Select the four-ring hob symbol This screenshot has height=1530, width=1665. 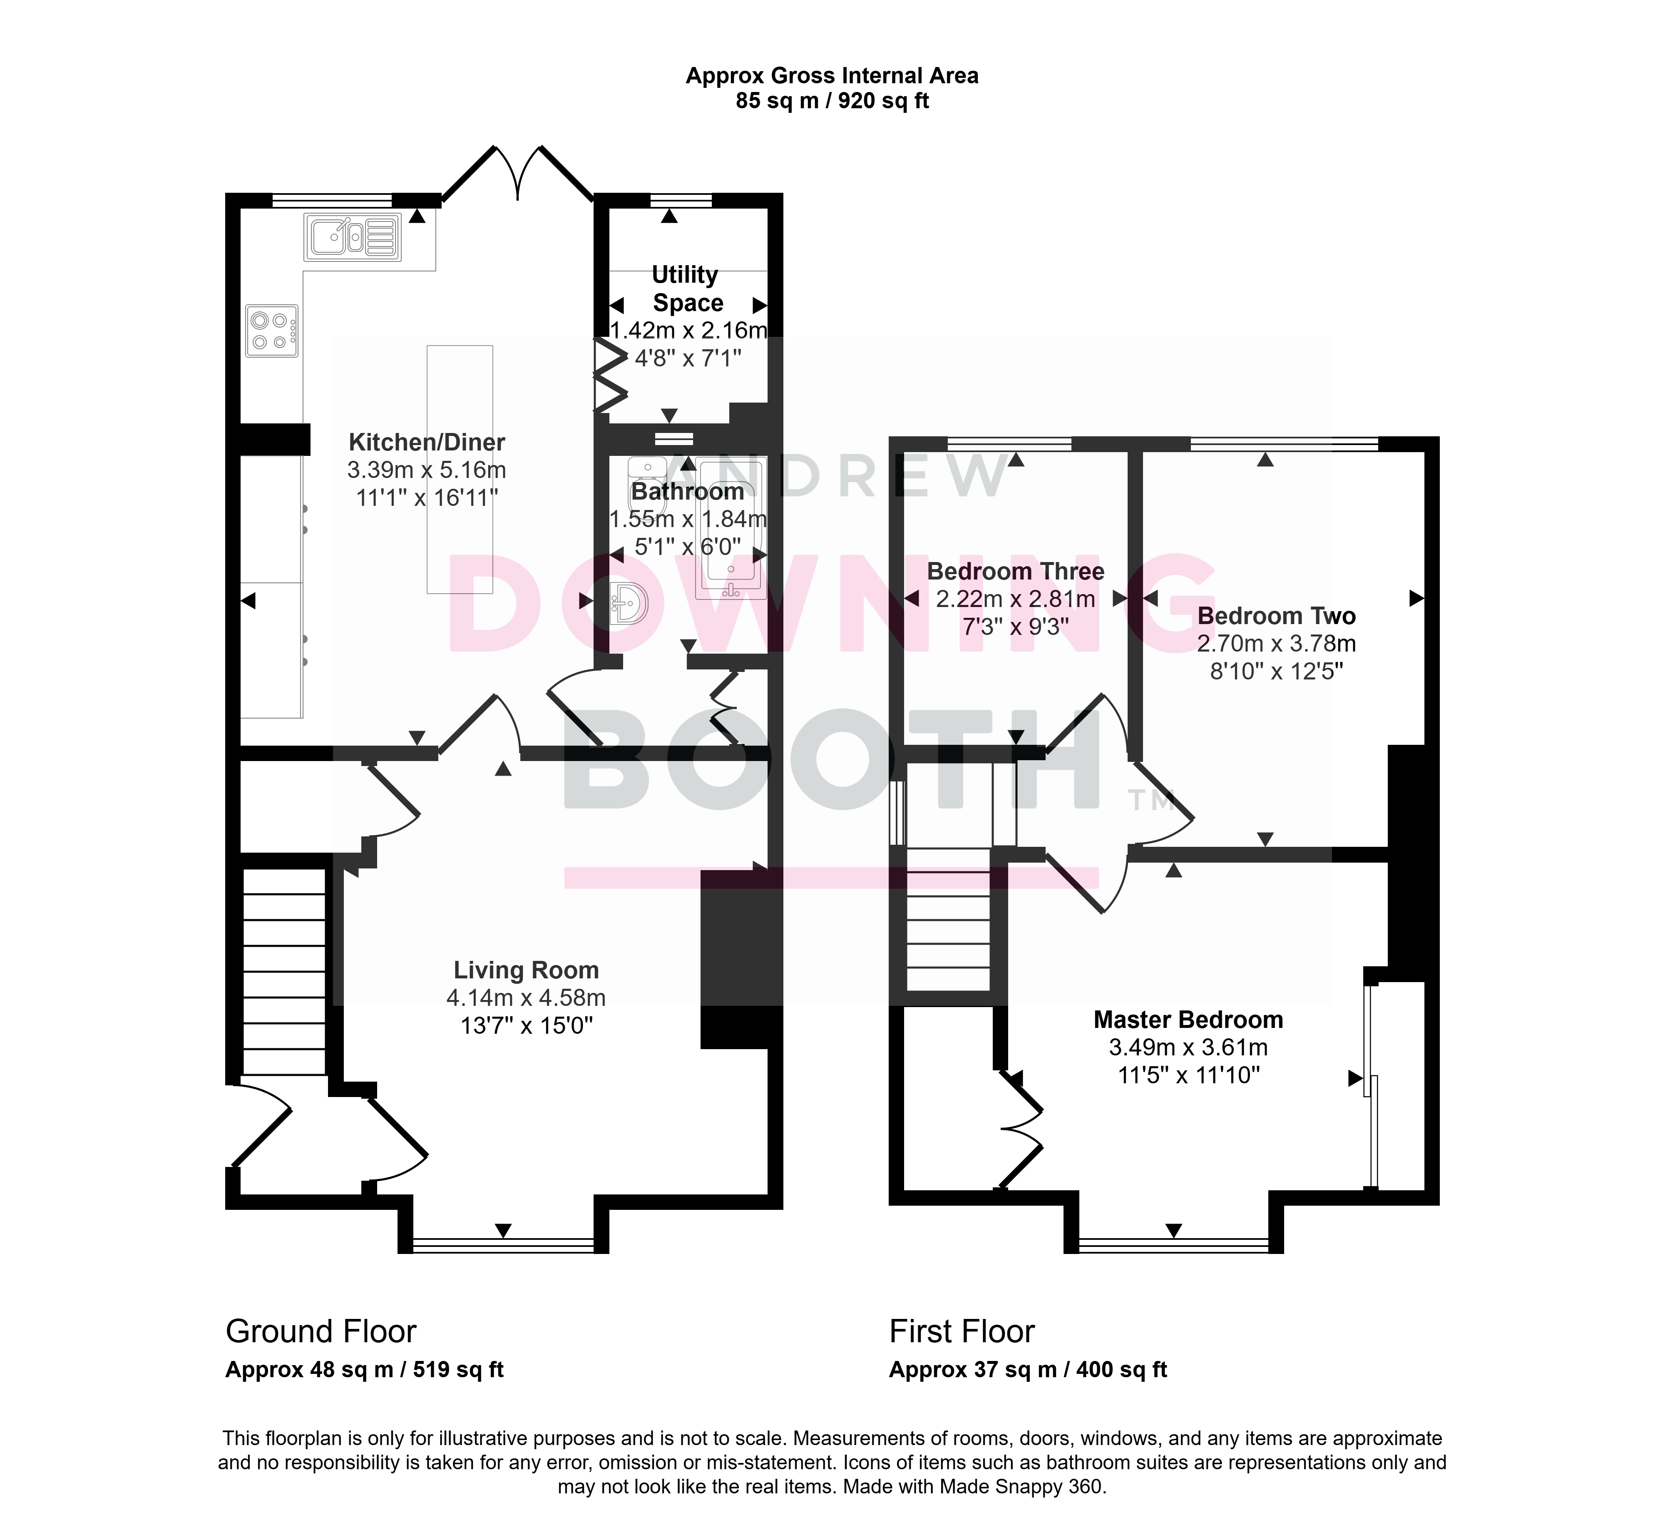point(271,330)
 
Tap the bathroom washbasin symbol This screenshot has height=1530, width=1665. point(629,603)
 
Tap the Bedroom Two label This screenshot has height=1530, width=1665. point(1276,616)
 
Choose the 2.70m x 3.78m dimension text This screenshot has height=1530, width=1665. point(1276,643)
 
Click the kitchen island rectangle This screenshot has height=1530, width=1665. point(460,470)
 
